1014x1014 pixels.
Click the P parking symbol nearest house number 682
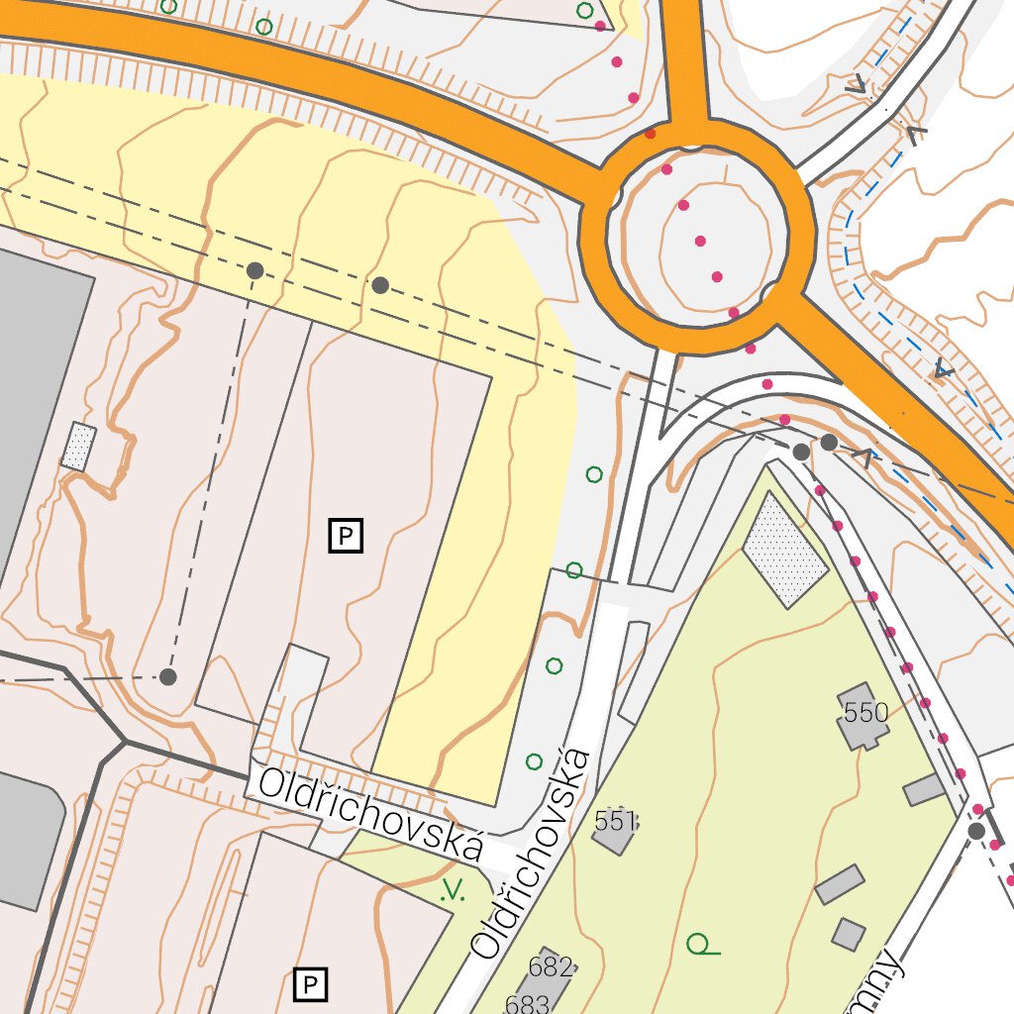point(311,984)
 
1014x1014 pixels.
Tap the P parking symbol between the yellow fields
point(346,536)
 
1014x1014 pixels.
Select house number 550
point(866,712)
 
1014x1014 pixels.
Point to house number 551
point(615,821)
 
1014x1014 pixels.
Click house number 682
point(551,966)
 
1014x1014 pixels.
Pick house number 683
point(527,1004)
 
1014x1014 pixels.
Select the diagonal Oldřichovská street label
point(533,854)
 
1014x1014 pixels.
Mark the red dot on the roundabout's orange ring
point(650,133)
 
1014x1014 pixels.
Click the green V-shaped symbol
point(453,890)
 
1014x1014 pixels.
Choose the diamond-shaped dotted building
point(784,551)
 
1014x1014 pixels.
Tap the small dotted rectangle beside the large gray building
point(79,446)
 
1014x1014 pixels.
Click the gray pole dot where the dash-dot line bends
point(167,677)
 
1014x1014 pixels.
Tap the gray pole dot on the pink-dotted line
point(976,831)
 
